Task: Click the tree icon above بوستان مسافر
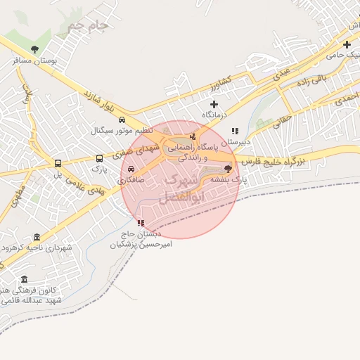(x=35, y=49)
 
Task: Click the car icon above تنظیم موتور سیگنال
(x=123, y=120)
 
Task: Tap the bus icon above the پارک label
(x=98, y=158)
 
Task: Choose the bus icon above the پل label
(x=58, y=163)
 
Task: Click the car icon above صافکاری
(x=131, y=169)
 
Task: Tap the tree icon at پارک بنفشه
(x=227, y=169)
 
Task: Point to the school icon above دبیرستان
(x=235, y=130)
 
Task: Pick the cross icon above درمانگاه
(x=214, y=104)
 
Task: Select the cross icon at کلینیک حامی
(x=347, y=44)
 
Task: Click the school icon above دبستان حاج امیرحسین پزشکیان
(x=141, y=223)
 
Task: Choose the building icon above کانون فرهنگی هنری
(x=25, y=279)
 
